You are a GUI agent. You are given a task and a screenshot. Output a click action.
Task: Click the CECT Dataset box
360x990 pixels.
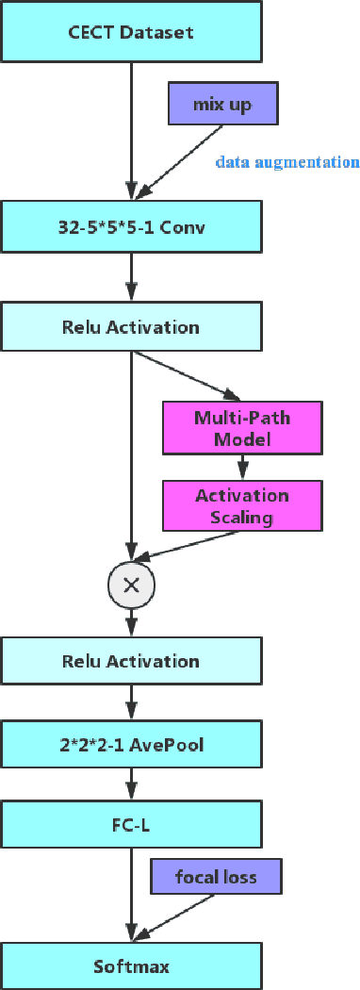tap(131, 32)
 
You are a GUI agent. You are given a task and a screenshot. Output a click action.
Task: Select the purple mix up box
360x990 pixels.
tap(222, 104)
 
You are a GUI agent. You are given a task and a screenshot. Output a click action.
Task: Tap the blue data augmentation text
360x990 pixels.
tap(287, 162)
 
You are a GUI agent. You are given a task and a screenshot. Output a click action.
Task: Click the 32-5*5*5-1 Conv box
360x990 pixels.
tap(131, 225)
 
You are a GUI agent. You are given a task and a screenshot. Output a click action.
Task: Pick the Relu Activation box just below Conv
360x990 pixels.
tap(131, 327)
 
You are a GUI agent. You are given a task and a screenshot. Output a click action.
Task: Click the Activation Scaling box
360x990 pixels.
tap(242, 505)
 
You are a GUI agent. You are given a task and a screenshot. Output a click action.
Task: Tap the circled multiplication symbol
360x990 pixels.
tap(132, 585)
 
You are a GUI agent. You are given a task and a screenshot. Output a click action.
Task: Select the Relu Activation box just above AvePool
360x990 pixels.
tap(131, 660)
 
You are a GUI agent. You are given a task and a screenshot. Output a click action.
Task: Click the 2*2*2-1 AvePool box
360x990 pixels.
tap(131, 746)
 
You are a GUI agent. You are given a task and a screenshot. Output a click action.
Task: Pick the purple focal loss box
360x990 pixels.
tap(216, 877)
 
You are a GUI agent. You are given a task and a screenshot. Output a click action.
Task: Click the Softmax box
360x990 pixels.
tap(131, 965)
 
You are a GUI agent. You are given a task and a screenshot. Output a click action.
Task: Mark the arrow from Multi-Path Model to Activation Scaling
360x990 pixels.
tap(242, 467)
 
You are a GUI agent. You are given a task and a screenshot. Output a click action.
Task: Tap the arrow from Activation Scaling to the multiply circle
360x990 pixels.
tap(188, 546)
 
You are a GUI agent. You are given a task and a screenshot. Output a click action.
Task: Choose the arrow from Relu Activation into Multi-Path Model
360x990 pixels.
tap(185, 374)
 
